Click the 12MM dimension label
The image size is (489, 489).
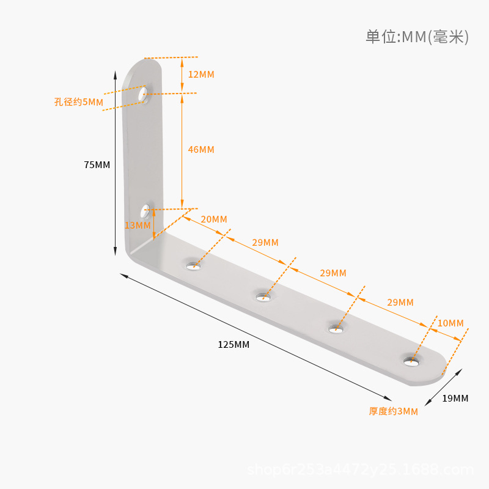click(201, 75)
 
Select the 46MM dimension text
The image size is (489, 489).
click(201, 150)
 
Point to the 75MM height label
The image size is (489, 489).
click(97, 164)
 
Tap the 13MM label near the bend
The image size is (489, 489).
click(138, 225)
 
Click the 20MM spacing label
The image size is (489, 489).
click(214, 219)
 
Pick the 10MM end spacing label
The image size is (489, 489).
click(451, 323)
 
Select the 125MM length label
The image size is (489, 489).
click(233, 345)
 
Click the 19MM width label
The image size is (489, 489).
click(455, 399)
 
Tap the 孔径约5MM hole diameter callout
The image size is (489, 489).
click(79, 102)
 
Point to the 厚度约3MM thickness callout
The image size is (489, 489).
click(393, 411)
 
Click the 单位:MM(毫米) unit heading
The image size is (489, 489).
click(417, 37)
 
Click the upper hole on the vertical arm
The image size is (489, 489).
click(143, 94)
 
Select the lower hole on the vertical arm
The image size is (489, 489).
click(145, 211)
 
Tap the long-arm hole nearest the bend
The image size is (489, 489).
click(193, 266)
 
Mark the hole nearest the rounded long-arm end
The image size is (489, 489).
click(411, 361)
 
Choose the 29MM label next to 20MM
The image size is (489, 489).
click(265, 243)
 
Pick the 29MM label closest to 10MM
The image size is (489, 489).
click(400, 303)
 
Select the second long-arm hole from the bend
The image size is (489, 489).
click(263, 297)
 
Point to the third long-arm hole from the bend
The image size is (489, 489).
click(336, 329)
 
